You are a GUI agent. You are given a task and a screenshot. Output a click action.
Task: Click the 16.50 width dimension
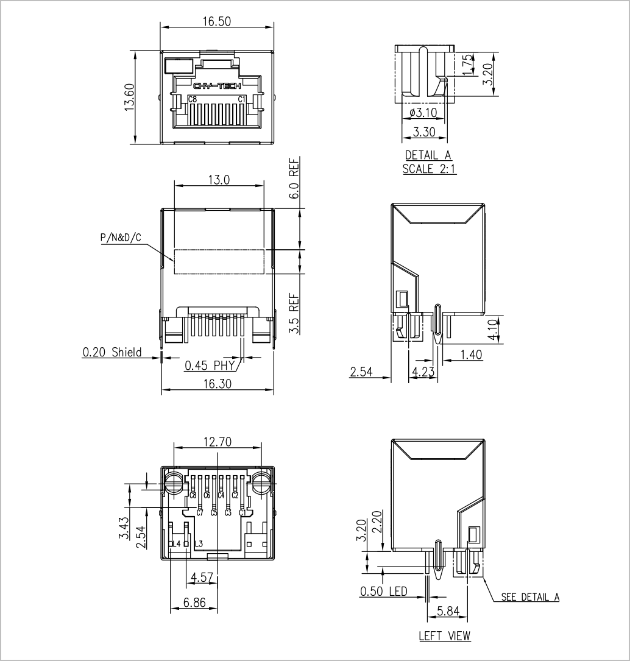[x=217, y=21]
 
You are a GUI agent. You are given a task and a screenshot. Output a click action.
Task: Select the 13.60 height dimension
[x=129, y=97]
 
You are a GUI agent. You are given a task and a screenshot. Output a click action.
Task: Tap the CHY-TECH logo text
[x=217, y=87]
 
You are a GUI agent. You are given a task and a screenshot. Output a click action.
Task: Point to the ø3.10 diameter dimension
[x=423, y=113]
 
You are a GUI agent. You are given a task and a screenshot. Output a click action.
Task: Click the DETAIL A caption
[x=428, y=155]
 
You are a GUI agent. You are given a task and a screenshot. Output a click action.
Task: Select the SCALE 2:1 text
[x=429, y=169]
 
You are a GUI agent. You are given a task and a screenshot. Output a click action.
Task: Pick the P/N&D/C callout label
[x=121, y=238]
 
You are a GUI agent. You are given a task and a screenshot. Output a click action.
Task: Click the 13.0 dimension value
[x=219, y=180]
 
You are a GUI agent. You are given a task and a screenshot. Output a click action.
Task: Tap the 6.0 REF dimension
[x=294, y=178]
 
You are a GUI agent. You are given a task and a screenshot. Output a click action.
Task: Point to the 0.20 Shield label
[x=111, y=352]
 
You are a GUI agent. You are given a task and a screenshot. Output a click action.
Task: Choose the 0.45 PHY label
[x=209, y=365]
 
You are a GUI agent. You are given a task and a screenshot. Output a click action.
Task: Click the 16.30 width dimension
[x=217, y=384]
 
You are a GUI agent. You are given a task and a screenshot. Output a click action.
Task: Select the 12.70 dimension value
[x=218, y=442]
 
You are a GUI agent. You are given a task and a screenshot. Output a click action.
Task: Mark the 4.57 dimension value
[x=202, y=577]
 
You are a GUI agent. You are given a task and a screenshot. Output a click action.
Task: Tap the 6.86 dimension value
[x=194, y=603]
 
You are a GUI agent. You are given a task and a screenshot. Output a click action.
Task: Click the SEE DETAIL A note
[x=530, y=597]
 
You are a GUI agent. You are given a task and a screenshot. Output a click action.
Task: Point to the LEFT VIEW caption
[x=444, y=635]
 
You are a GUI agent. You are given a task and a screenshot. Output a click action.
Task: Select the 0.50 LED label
[x=384, y=592]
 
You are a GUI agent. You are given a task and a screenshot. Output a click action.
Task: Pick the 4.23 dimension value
[x=423, y=372]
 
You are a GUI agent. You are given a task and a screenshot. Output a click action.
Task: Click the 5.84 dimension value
[x=448, y=610]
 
